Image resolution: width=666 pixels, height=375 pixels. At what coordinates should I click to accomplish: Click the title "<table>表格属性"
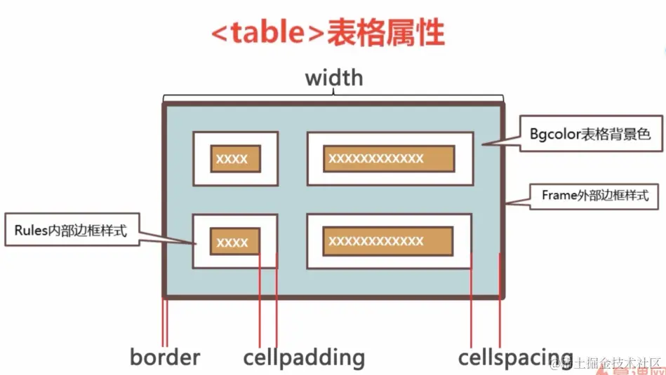coord(328,33)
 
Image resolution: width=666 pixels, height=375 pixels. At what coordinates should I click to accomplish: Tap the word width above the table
coord(334,77)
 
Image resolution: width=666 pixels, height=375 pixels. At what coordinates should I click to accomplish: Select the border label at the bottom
coord(165,357)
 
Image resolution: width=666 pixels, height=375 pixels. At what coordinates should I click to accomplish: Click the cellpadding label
coord(304,357)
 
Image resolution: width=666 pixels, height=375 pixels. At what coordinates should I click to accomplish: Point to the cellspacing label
coord(516,357)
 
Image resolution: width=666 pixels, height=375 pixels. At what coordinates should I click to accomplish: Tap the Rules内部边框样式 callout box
coord(70,229)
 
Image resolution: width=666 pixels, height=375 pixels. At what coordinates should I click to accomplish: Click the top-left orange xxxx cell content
coord(236,158)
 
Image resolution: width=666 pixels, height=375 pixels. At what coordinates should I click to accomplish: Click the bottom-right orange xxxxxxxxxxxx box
coord(388,241)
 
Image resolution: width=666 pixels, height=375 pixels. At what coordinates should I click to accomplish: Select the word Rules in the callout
coord(28,229)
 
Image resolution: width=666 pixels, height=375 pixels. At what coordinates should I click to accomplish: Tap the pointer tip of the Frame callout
coord(507,204)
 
